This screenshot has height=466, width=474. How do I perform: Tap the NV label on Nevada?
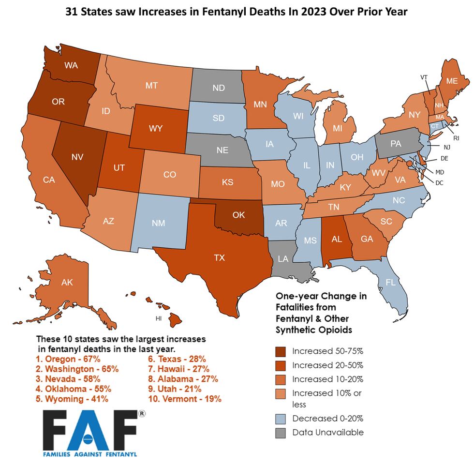point(76,157)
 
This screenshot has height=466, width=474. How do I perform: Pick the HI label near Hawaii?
point(158,319)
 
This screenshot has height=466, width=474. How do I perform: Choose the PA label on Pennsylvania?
point(396,144)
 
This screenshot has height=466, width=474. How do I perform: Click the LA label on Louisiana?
point(283,259)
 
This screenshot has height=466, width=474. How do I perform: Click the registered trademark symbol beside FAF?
point(142,414)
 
